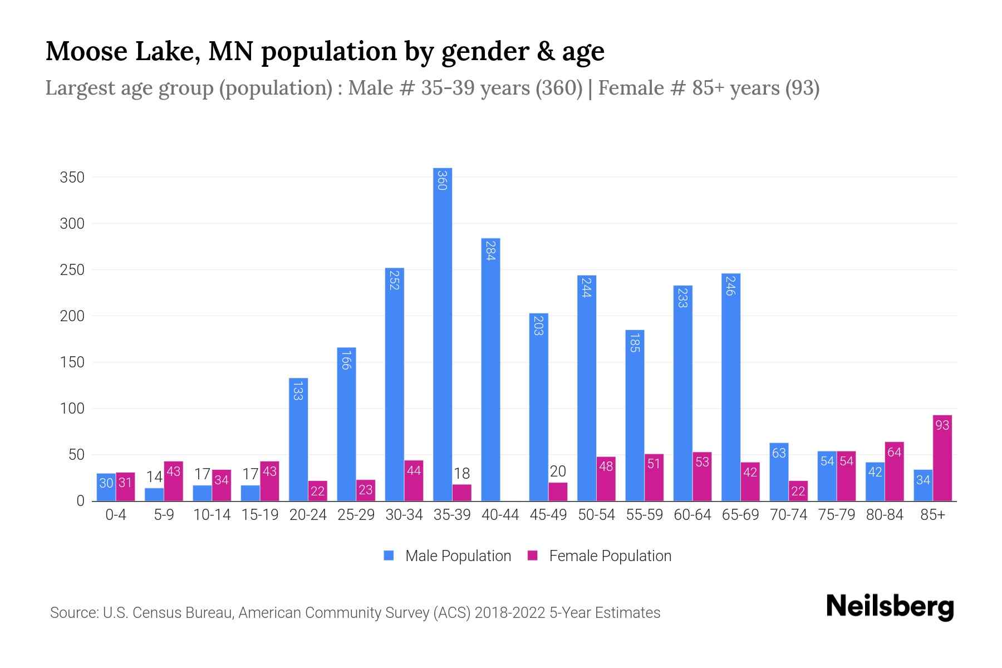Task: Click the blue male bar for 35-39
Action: click(443, 334)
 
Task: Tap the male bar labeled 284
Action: click(490, 370)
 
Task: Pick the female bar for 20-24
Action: click(317, 491)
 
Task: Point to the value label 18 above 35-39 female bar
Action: click(461, 474)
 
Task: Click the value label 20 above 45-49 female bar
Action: click(558, 471)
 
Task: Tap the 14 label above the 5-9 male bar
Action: click(154, 477)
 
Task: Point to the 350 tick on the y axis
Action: click(72, 178)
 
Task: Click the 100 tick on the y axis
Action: click(72, 409)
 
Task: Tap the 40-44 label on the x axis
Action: click(500, 515)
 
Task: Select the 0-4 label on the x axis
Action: click(116, 515)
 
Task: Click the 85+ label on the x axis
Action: click(932, 515)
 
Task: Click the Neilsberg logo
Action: click(890, 607)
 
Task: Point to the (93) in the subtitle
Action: click(802, 88)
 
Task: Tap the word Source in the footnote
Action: click(73, 613)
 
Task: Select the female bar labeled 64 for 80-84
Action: click(895, 471)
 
